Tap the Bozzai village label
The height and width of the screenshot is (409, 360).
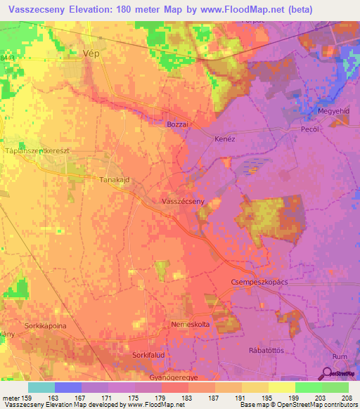(x=179, y=124)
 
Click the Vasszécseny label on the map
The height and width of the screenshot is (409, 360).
(x=183, y=201)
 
